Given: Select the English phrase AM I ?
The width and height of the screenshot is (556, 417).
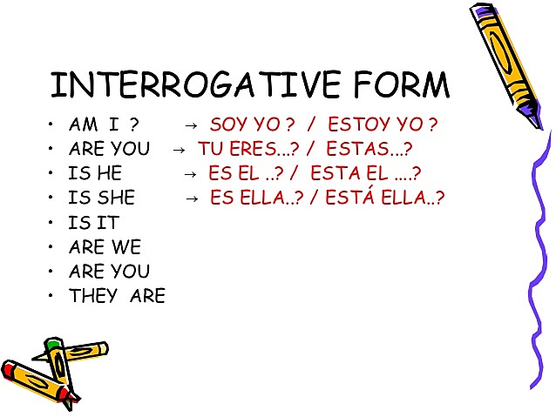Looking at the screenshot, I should [x=103, y=124].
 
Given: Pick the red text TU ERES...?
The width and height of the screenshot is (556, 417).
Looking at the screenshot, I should [x=245, y=149].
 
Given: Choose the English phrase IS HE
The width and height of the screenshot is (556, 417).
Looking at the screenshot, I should [x=95, y=173].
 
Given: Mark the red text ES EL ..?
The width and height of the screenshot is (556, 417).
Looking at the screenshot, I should [x=249, y=173].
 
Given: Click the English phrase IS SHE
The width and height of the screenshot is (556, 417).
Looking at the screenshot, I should [x=102, y=198].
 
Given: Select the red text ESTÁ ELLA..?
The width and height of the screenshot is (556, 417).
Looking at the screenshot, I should [x=384, y=198].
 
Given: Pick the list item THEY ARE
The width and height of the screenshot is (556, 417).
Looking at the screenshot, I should [x=117, y=296].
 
